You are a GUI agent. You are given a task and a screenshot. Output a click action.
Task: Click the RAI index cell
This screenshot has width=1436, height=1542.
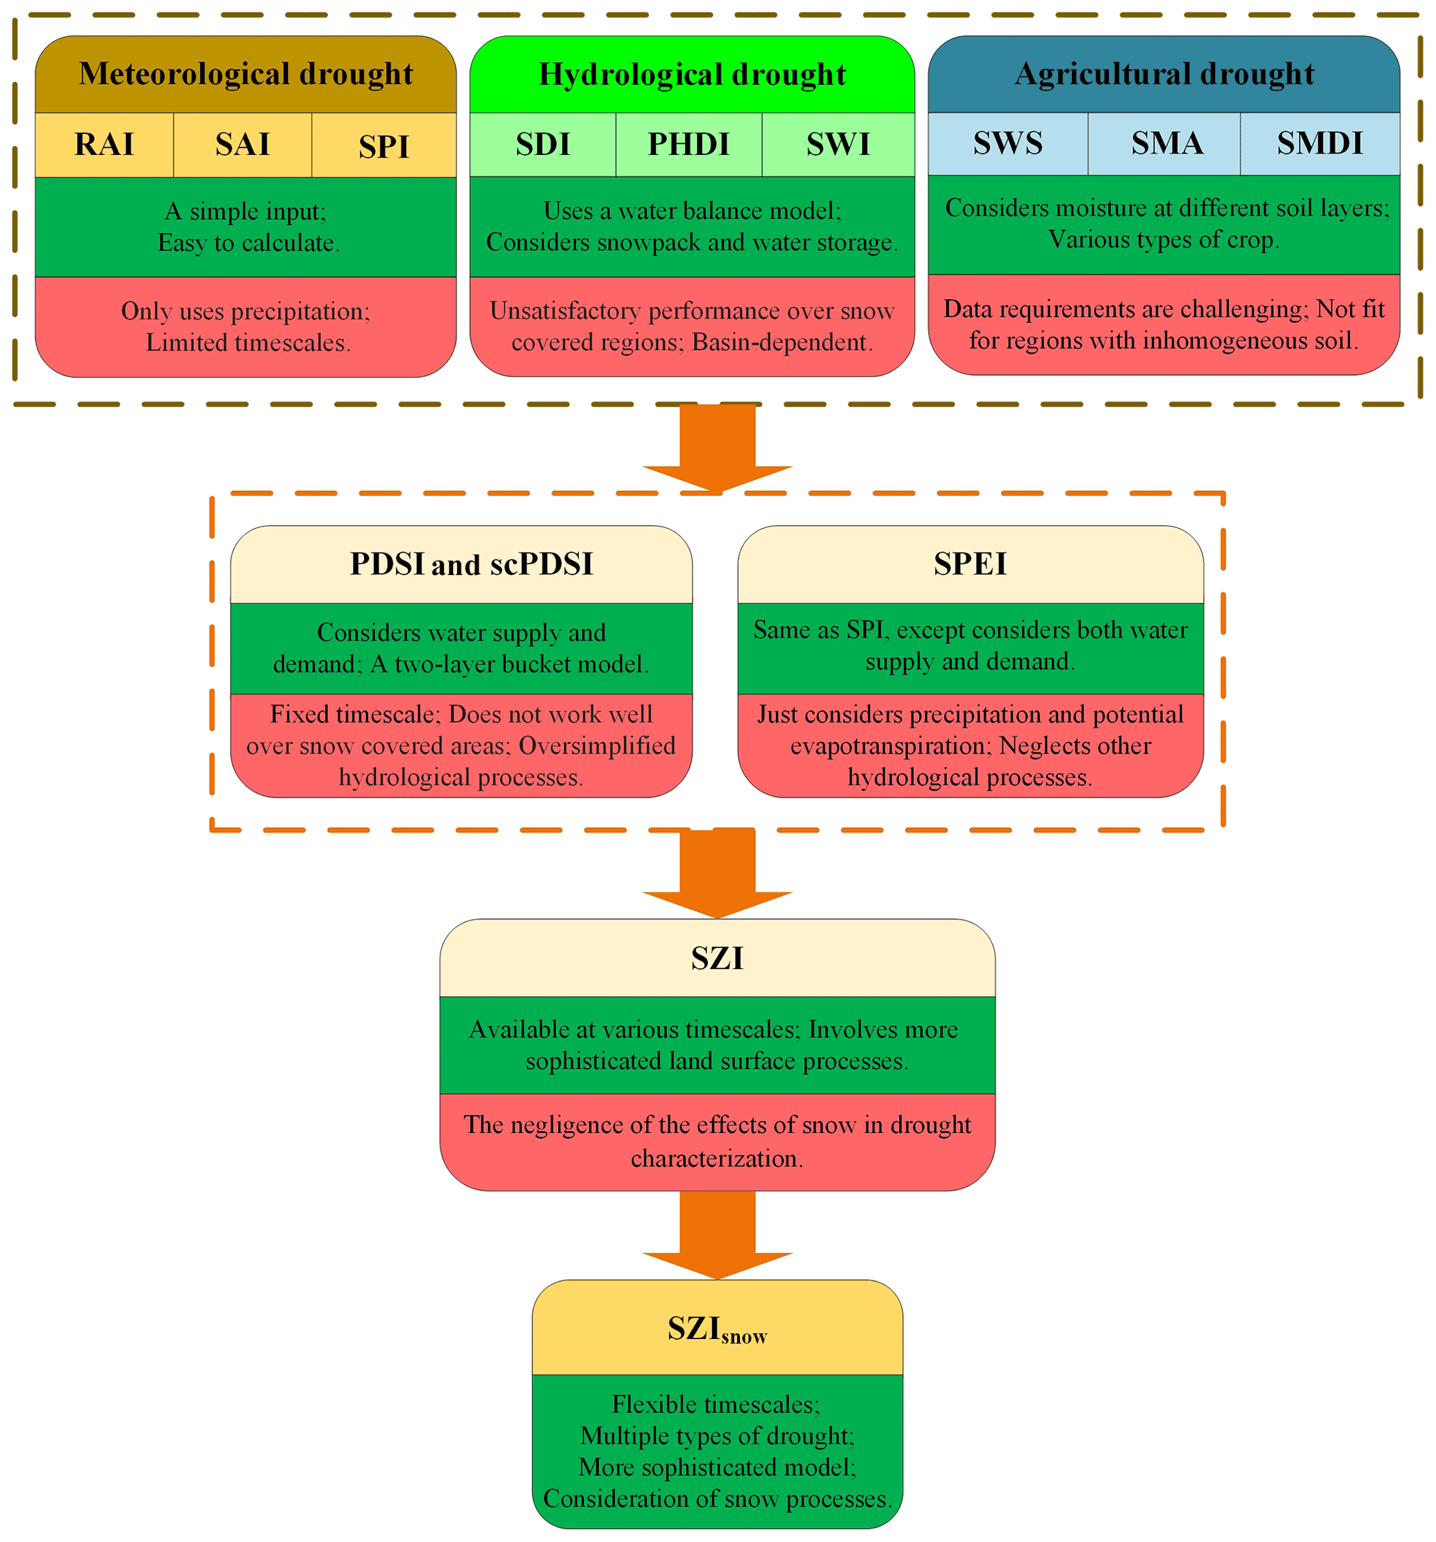(104, 144)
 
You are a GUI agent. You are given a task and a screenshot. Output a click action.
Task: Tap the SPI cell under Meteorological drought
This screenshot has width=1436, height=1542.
(383, 146)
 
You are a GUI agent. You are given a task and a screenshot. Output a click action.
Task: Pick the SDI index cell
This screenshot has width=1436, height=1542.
(543, 144)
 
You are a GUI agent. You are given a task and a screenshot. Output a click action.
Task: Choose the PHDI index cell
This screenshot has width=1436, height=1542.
(688, 144)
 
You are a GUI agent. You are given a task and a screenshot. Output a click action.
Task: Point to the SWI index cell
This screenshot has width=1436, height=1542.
(837, 144)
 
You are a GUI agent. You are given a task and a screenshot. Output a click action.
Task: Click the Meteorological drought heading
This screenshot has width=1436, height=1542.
(245, 74)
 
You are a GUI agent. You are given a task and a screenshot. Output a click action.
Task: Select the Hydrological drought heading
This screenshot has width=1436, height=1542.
(691, 74)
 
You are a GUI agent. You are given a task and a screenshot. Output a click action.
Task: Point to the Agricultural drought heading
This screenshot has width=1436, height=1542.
(1164, 74)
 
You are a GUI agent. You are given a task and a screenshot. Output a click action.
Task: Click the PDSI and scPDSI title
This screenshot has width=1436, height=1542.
(471, 564)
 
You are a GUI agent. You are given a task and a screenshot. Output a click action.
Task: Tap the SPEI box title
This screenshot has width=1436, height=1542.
(970, 563)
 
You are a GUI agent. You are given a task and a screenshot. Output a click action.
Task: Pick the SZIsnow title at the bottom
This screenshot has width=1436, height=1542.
(717, 1329)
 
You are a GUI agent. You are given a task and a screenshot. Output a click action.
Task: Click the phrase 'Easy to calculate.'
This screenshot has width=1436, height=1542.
(248, 243)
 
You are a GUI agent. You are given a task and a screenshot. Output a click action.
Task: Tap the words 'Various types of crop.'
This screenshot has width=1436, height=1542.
(1163, 240)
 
